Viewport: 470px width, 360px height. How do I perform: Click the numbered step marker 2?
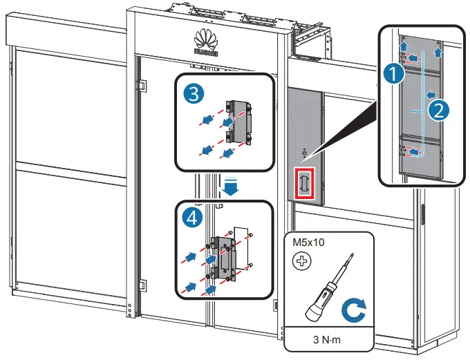point(437,108)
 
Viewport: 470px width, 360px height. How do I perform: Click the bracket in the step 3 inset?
point(239,122)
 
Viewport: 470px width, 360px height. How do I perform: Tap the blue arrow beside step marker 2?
point(429,93)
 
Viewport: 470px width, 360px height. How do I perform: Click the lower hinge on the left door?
point(142,285)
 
